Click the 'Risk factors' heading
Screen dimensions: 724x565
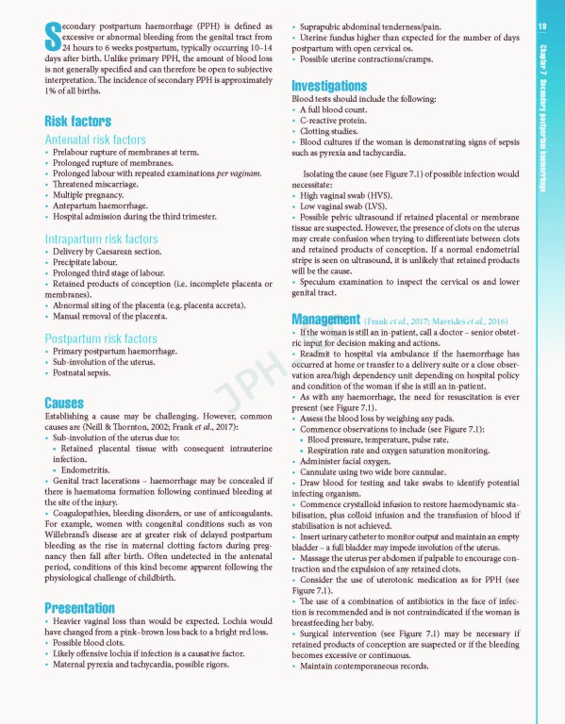77,121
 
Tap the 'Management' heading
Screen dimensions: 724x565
326,319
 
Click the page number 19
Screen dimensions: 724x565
542,26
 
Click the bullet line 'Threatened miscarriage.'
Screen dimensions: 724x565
98,185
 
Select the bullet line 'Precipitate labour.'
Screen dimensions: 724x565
88,262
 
